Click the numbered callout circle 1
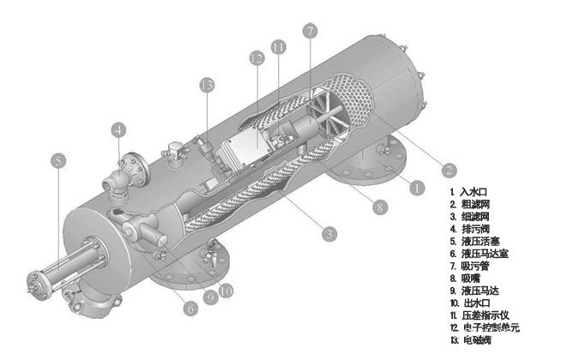[x=417, y=188]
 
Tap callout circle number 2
[x=449, y=170]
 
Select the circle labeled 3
[x=329, y=234]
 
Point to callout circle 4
[x=118, y=129]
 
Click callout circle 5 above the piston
[x=58, y=160]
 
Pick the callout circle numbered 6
[x=190, y=309]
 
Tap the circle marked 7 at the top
[x=310, y=31]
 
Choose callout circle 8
[x=380, y=207]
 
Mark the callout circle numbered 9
[x=210, y=297]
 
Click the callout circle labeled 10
[x=226, y=291]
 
